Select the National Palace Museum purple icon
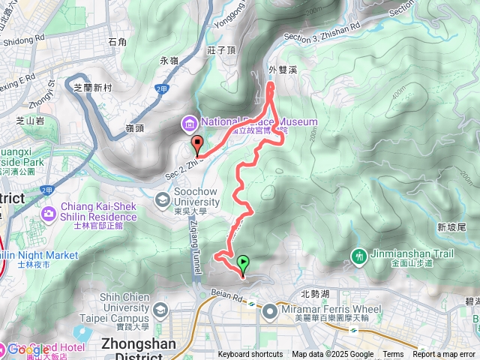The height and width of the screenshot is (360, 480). tap(187, 122)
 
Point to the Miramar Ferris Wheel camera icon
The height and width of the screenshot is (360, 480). tap(267, 309)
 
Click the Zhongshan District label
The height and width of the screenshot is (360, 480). tap(137, 344)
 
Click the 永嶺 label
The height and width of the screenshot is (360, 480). tap(169, 60)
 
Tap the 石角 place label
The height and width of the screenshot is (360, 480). tap(117, 43)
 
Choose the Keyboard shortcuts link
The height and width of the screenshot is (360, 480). tap(250, 355)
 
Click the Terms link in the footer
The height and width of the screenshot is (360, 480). tap(393, 355)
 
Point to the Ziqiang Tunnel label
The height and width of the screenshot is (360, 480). tap(188, 241)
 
